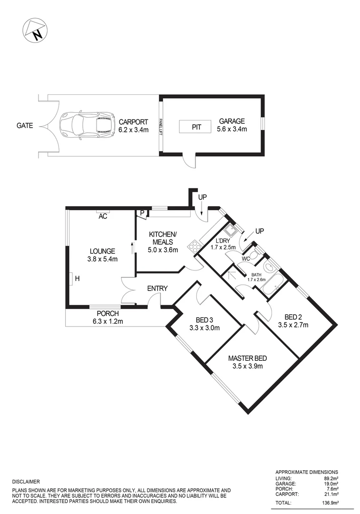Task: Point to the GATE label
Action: pos(25,126)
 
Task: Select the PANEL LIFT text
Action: pos(161,127)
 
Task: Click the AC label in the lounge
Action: pos(103,216)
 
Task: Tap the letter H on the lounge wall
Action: pos(77,278)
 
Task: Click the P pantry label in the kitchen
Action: pos(142,213)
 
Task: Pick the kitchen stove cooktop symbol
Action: pos(194,246)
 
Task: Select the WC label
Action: pos(246,258)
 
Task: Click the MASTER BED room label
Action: pos(247,358)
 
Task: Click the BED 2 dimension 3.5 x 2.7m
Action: pos(293,326)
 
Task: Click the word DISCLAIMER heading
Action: pos(26,482)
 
